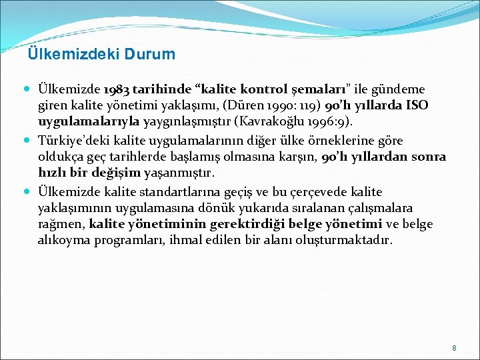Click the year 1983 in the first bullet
116,89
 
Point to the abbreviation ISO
415,106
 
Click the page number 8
454,348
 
